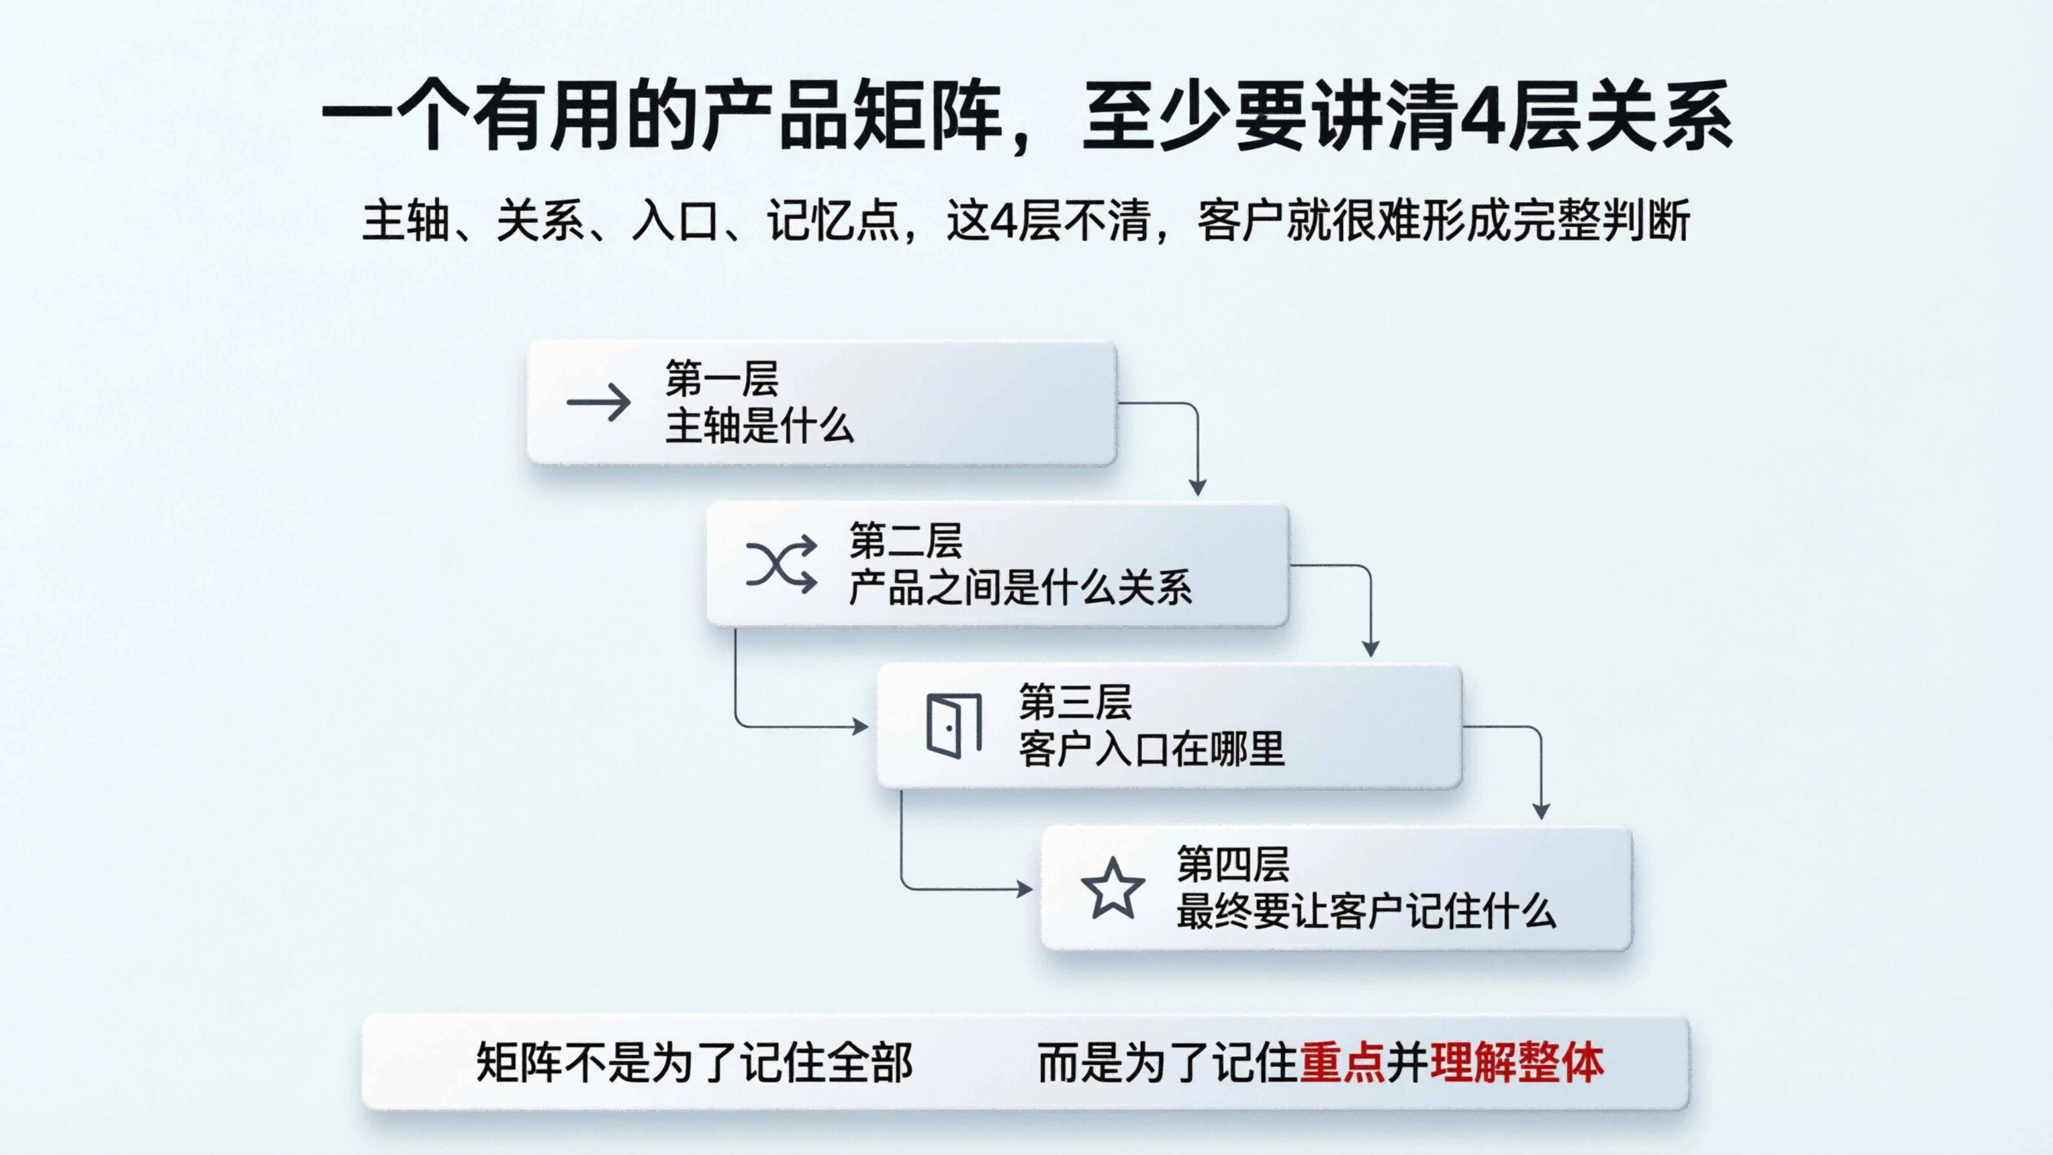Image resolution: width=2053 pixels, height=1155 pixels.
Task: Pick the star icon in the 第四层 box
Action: [1113, 888]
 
